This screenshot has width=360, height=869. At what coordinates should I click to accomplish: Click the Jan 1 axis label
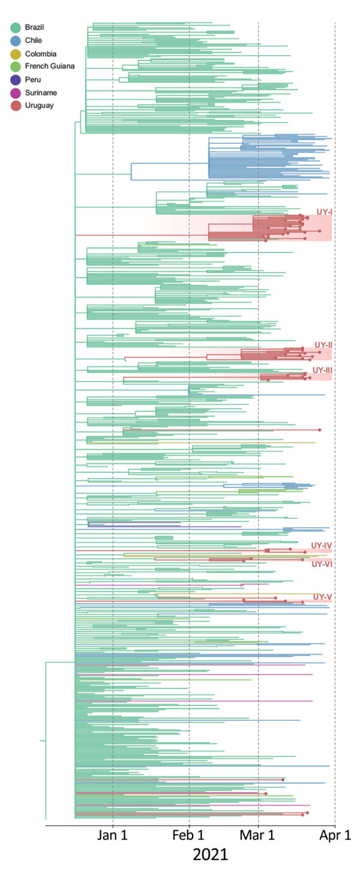point(113,835)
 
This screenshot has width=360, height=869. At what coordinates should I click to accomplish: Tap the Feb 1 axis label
point(189,835)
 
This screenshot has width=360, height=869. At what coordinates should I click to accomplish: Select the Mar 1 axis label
point(258,835)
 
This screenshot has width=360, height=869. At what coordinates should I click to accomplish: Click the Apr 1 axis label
point(334,835)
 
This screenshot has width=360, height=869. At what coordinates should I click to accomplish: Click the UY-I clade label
point(323,212)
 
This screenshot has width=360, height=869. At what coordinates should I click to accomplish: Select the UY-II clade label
point(323,345)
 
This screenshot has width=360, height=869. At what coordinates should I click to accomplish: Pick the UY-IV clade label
point(322,545)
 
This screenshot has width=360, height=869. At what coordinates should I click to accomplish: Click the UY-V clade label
point(323,597)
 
